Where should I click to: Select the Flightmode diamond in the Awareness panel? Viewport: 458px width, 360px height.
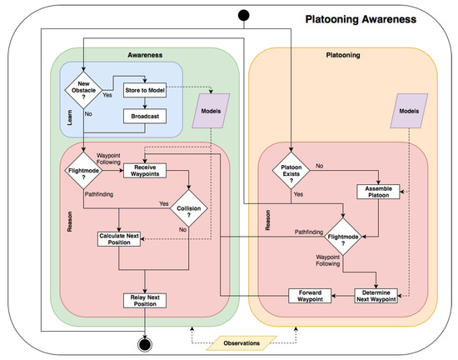point(83,172)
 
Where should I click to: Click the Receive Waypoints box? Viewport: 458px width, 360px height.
point(147,170)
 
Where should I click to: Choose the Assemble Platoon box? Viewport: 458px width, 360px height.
point(380,192)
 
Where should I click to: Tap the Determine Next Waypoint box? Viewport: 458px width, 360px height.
point(380,295)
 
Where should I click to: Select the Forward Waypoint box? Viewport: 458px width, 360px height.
point(311,295)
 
